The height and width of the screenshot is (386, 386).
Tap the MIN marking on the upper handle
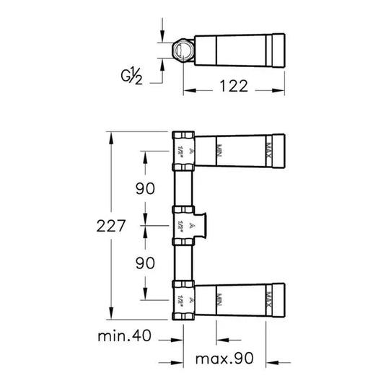(x=216, y=149)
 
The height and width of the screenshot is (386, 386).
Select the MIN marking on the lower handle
(x=216, y=299)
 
